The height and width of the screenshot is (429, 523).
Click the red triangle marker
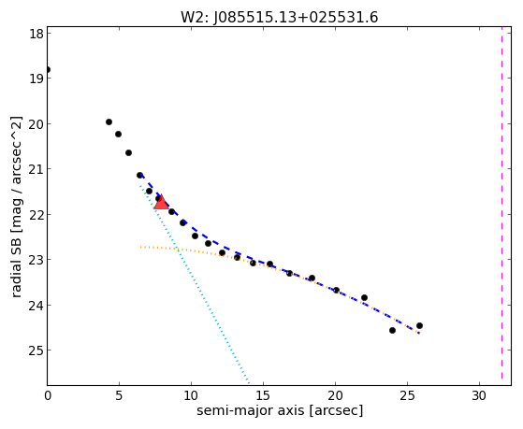pyautogui.click(x=162, y=203)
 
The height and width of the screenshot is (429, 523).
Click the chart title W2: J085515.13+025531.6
pyautogui.click(x=280, y=17)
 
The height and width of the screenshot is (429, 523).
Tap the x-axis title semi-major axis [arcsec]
pyautogui.click(x=280, y=410)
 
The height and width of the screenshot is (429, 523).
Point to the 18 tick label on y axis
pyautogui.click(x=36, y=34)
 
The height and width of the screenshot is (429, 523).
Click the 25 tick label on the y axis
pyautogui.click(x=36, y=350)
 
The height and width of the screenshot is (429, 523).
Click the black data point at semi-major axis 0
pyautogui.click(x=48, y=70)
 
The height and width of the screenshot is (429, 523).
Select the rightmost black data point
pyautogui.click(x=419, y=325)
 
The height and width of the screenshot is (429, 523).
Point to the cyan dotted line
pyautogui.click(x=195, y=284)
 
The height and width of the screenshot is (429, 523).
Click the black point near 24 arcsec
pyautogui.click(x=392, y=330)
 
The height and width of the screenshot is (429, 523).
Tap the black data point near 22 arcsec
pyautogui.click(x=364, y=297)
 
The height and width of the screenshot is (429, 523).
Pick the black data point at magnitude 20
pyautogui.click(x=109, y=122)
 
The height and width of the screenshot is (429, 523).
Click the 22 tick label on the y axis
pyautogui.click(x=36, y=214)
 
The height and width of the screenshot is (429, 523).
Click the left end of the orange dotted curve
pyautogui.click(x=140, y=247)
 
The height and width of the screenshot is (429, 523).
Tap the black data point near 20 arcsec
pyautogui.click(x=336, y=290)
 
